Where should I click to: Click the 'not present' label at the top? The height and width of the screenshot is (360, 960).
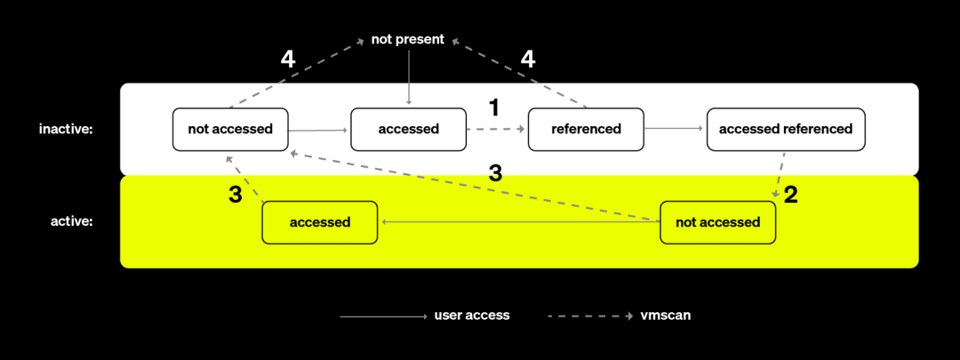[408, 40]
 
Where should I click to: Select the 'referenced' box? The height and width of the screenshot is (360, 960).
[586, 129]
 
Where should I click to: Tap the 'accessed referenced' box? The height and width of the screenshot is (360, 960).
[786, 129]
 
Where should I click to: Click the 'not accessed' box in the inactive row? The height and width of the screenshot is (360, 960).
[230, 129]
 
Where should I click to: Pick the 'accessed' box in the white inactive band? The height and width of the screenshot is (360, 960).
[408, 129]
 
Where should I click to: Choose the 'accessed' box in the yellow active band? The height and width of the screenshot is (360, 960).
[320, 222]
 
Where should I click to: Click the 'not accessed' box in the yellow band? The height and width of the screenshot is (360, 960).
[717, 222]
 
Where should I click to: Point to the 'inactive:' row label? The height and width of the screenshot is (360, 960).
[66, 129]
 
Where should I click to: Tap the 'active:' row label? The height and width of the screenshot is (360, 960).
[71, 221]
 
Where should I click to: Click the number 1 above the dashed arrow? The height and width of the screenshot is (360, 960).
[493, 108]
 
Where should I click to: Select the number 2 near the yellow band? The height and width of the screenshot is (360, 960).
[790, 196]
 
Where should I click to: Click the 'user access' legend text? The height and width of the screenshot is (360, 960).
[471, 316]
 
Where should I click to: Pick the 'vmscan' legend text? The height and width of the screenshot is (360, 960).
[666, 316]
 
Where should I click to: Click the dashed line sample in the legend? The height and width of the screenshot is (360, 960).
[590, 316]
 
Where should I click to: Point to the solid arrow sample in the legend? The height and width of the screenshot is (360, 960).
[383, 316]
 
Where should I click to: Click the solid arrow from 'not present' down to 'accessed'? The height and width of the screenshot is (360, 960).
[408, 76]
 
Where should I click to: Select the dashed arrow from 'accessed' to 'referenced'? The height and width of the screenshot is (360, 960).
[496, 129]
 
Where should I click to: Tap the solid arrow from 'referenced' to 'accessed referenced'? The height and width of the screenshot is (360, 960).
[674, 129]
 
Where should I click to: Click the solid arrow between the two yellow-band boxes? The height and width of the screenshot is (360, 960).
[519, 222]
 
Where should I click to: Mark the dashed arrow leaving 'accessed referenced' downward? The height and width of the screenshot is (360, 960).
[780, 174]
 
